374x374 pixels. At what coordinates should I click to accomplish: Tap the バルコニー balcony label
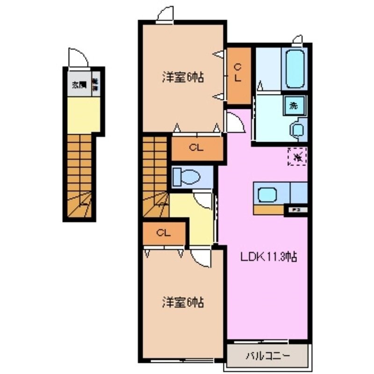[x=268, y=356]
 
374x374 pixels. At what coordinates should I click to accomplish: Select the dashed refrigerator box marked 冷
[x=297, y=156]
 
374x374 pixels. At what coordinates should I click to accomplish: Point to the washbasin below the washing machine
[x=297, y=129]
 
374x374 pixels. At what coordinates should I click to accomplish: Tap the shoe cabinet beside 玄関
[x=96, y=85]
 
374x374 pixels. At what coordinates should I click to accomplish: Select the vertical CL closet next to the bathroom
[x=238, y=75]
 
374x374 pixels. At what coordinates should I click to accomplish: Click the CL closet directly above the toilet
[x=196, y=149]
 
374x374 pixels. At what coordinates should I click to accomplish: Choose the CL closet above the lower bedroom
[x=164, y=232]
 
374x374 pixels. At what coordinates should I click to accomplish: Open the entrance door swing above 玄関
[x=77, y=58]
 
